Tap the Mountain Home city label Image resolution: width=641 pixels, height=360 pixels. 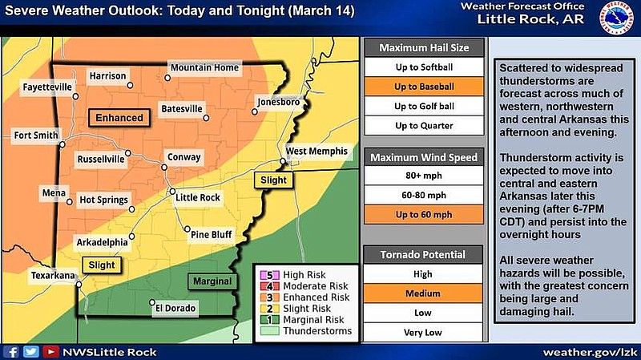click(204, 68)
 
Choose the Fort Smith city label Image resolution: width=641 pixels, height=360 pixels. click(35, 136)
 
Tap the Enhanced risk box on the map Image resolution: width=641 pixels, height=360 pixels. click(120, 118)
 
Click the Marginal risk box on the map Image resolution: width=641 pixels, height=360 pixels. click(212, 281)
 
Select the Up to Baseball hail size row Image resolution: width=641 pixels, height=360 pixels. click(423, 86)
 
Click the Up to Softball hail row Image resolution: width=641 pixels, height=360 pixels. click(423, 67)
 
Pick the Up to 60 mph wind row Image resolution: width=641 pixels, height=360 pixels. click(423, 214)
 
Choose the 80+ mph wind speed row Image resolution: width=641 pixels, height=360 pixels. click(423, 175)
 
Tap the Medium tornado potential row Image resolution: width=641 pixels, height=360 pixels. click(423, 293)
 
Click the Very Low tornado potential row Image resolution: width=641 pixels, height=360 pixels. click(423, 332)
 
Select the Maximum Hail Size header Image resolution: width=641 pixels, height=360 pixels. click(423, 47)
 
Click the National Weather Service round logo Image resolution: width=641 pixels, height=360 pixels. click(617, 18)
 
